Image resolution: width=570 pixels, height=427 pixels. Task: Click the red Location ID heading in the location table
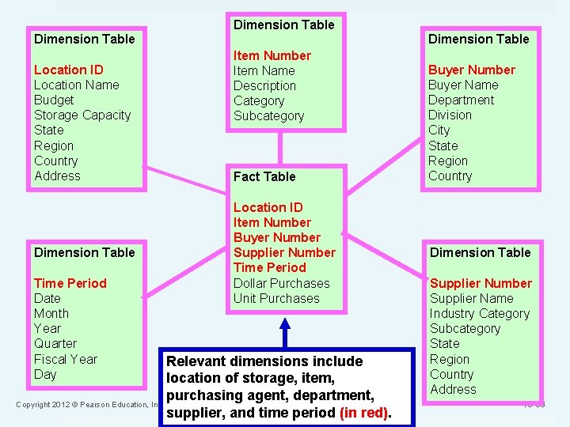tap(69, 70)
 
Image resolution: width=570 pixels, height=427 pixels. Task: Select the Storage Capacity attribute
tap(82, 115)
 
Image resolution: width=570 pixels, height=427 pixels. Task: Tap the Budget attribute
tap(54, 100)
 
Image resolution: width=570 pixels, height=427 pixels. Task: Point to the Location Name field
tap(77, 85)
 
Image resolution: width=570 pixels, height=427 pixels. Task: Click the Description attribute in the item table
tap(264, 85)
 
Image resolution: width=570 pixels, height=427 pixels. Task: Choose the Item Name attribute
tap(264, 70)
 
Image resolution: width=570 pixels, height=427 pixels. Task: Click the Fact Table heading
tap(264, 176)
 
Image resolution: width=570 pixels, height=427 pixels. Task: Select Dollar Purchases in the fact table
tap(282, 283)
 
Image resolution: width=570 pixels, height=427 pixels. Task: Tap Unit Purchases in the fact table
tap(276, 298)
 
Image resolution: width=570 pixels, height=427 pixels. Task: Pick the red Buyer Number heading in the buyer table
tap(472, 70)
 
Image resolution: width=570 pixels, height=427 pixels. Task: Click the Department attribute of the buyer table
tap(461, 100)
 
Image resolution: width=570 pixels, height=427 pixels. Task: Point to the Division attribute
tap(450, 115)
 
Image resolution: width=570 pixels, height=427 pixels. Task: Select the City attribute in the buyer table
tap(439, 130)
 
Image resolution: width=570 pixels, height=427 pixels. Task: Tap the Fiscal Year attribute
tap(66, 359)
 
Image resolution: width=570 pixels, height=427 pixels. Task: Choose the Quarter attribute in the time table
tap(55, 343)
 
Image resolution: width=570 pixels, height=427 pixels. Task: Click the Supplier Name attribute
tap(471, 298)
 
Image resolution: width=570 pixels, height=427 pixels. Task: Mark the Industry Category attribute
tap(480, 313)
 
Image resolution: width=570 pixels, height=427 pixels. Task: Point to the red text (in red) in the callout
tap(364, 412)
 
